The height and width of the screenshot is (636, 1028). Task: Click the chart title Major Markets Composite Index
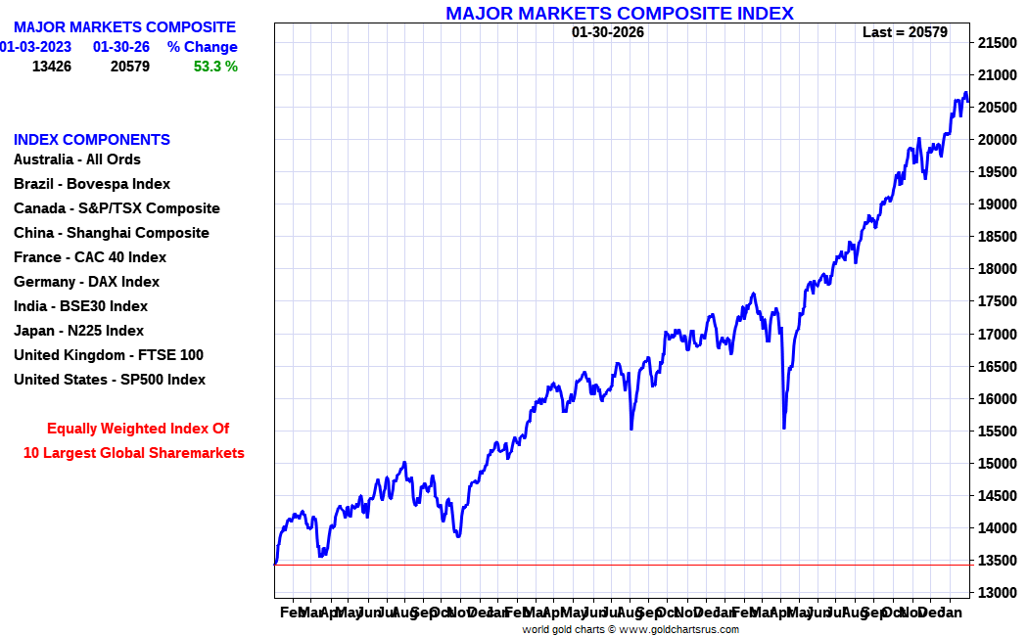coord(619,13)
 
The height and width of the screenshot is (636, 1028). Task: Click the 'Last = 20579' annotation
coord(905,32)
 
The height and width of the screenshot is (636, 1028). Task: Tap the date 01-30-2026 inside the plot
coord(608,32)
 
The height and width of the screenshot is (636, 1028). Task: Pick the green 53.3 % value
coord(215,67)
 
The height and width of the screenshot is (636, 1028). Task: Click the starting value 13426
coord(52,67)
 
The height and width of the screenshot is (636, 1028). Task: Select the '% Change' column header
coord(202,47)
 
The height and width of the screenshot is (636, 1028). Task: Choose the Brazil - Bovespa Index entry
coord(92,184)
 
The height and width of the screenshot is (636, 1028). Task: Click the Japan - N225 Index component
coord(78,331)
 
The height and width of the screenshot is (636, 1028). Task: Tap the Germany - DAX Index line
coord(86,282)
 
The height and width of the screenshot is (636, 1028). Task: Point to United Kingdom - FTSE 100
coord(109,355)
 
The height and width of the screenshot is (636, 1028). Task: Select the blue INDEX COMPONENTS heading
coord(92,140)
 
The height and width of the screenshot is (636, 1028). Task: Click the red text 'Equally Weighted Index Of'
coord(138,429)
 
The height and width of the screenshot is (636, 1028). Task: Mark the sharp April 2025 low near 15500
coord(784,427)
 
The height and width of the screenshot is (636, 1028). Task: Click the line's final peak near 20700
coord(965,94)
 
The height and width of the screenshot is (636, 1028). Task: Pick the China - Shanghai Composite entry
coord(112,233)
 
